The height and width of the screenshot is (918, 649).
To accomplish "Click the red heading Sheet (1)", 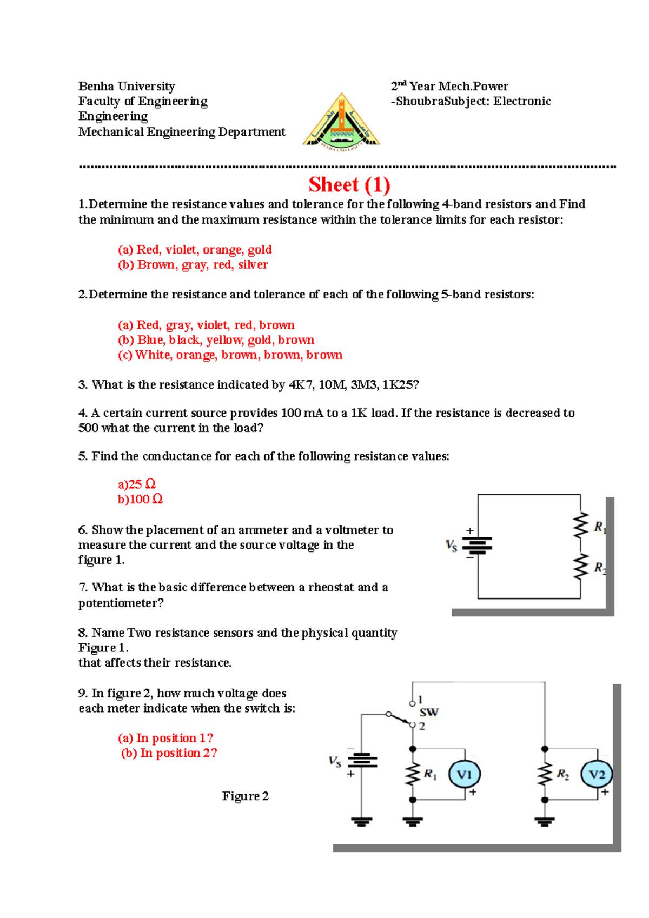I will tap(349, 185).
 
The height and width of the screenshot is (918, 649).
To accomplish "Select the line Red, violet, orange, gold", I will tap(195, 250).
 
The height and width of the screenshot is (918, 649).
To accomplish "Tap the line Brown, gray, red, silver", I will tap(193, 265).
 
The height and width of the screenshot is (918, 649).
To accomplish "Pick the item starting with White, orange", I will tap(230, 355).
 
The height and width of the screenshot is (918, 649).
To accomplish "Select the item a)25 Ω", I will tap(136, 484).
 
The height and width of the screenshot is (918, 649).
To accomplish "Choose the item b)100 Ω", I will tap(140, 499).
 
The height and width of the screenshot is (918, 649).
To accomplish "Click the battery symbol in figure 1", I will tap(478, 546).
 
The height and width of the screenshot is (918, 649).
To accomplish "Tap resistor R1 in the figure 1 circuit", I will tap(581, 526).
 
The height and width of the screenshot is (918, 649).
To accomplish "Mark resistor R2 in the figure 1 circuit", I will tap(581, 567).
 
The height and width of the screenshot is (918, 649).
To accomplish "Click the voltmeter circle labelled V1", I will tap(465, 774).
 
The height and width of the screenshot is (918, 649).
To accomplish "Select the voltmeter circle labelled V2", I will tap(597, 774).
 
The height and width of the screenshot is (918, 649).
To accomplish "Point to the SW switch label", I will tap(429, 712).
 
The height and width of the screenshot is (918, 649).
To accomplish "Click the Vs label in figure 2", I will tap(335, 762).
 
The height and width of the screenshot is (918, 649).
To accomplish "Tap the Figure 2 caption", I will tap(245, 796).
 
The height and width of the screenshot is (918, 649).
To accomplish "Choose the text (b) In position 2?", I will tap(169, 753).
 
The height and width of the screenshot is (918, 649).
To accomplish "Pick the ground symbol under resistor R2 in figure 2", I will tap(545, 822).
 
